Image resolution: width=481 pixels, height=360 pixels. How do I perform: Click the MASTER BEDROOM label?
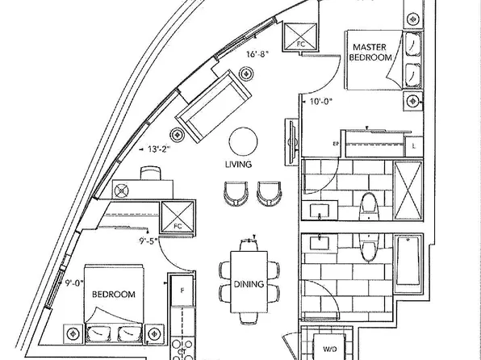[x=370, y=52]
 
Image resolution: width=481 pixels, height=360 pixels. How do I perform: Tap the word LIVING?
[x=238, y=165]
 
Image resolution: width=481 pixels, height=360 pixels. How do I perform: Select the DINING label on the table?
[x=249, y=284]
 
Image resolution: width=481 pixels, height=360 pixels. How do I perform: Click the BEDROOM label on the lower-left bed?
[x=114, y=295]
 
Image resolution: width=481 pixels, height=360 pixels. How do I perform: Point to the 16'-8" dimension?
[x=257, y=54]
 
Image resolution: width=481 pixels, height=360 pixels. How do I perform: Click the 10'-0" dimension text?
[x=321, y=102]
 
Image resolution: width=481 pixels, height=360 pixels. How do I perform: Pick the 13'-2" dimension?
[x=159, y=149]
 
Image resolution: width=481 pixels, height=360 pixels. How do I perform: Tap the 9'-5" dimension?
[x=148, y=241]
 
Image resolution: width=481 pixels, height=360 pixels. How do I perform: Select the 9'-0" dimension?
[x=74, y=283]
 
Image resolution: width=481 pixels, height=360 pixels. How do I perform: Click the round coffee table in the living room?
[x=243, y=141]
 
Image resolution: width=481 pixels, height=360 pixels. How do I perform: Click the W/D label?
[x=330, y=349]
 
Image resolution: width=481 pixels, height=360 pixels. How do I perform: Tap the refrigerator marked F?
[x=182, y=291]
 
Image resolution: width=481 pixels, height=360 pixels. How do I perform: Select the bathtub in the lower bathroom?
[x=408, y=264]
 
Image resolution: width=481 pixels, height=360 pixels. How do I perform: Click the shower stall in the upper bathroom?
[x=408, y=190]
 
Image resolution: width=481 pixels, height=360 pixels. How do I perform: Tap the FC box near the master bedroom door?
[x=300, y=37]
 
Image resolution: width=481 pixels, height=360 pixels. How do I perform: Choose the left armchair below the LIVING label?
[x=236, y=194]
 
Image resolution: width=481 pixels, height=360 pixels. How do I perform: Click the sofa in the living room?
[x=214, y=107]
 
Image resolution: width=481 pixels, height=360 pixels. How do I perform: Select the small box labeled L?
[x=414, y=146]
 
